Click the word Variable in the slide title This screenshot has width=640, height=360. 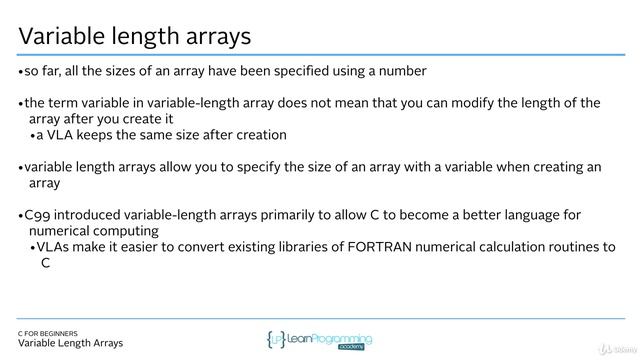coord(61,37)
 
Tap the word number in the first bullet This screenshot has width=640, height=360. coord(403,71)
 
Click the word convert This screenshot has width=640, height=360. coord(199,247)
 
